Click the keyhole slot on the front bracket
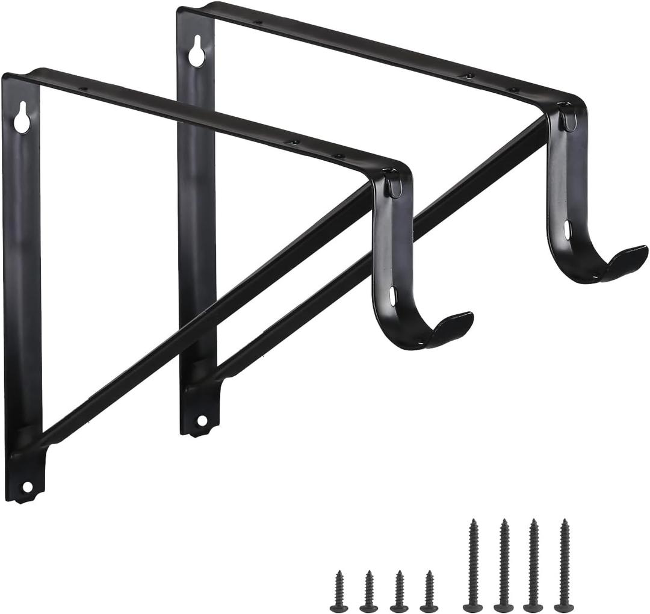(x=22, y=117)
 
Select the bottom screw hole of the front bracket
(x=26, y=486)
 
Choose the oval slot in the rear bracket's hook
(x=567, y=229)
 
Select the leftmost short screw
(x=339, y=590)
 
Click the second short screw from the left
(x=368, y=590)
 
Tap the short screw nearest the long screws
(x=429, y=590)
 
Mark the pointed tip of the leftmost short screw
(x=339, y=572)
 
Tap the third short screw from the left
(x=398, y=590)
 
